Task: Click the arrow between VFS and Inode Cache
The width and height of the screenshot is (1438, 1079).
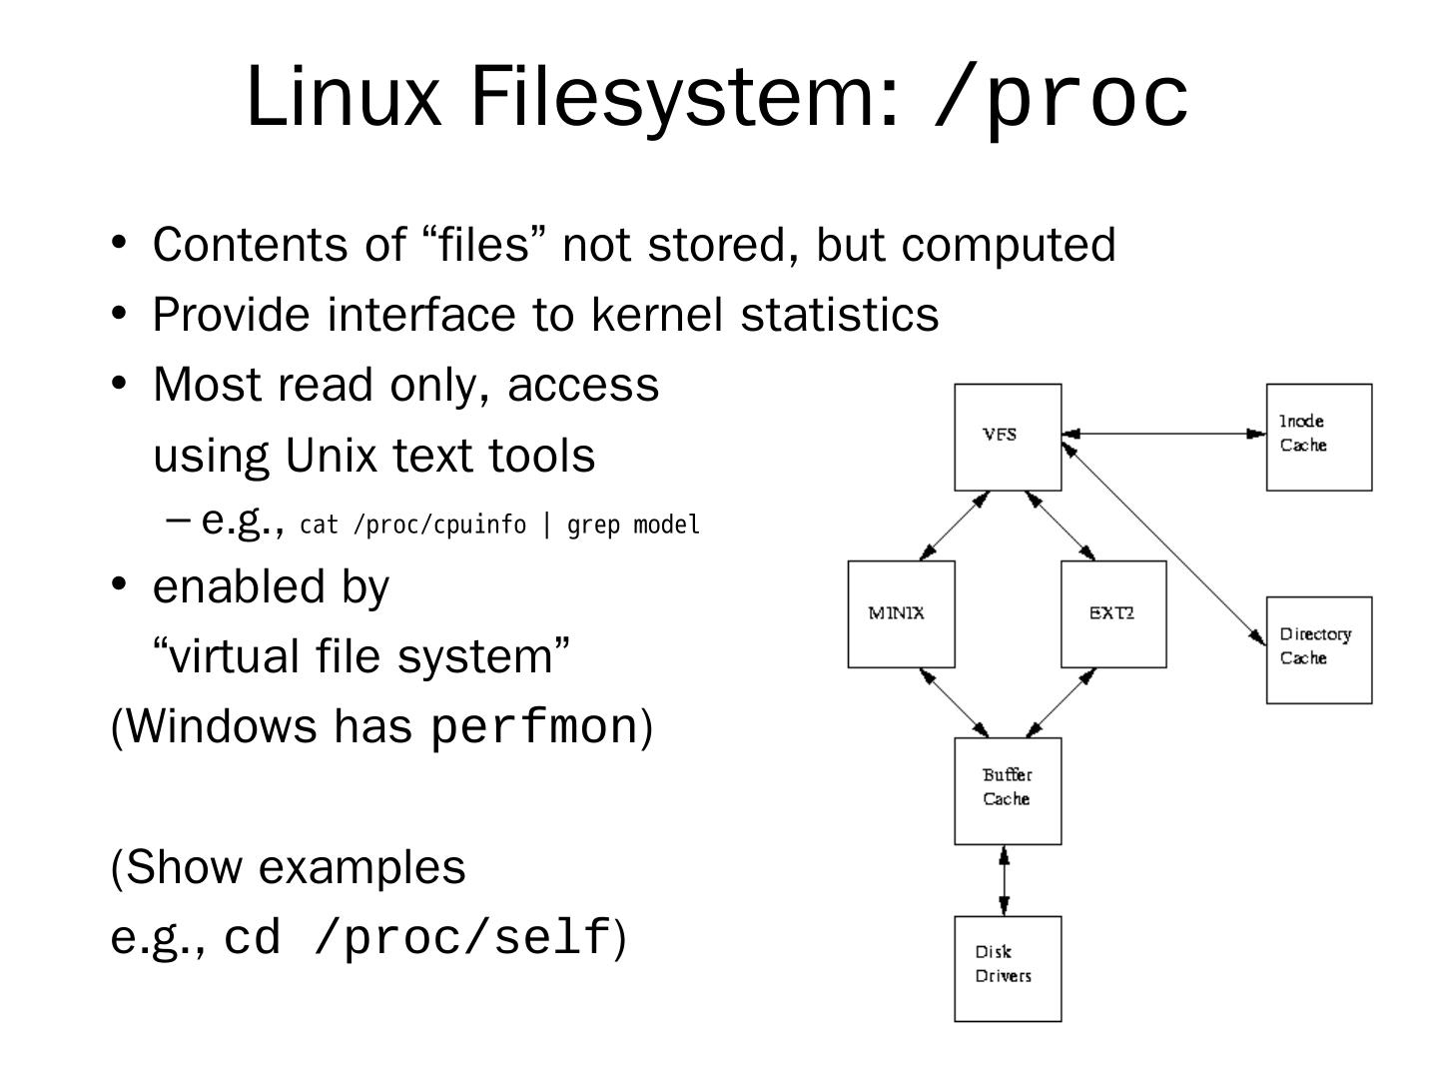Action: pos(1163,433)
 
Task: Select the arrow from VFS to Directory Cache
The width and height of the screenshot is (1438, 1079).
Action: pos(1163,543)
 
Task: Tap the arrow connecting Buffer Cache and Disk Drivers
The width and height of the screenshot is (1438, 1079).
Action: pos(1005,880)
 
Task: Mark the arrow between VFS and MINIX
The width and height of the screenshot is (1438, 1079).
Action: pos(955,526)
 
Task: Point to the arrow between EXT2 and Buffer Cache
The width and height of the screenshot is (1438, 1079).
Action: pos(1061,703)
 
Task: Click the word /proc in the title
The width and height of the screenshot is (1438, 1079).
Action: pos(1061,97)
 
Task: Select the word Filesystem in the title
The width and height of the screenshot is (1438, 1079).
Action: pos(685,97)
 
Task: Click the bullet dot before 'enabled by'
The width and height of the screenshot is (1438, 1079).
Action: pos(119,582)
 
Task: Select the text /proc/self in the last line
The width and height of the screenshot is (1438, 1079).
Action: pos(463,937)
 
